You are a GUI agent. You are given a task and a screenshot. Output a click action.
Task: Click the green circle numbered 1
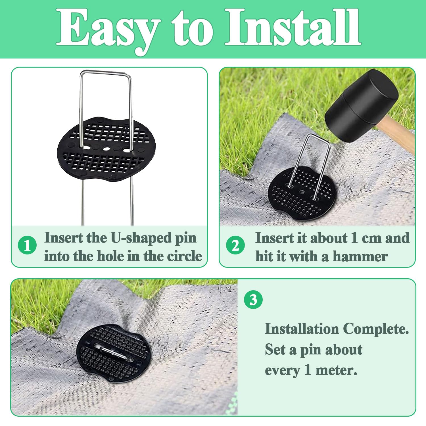[x=27, y=245]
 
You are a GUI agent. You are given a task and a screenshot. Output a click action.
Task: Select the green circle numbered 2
[x=235, y=245]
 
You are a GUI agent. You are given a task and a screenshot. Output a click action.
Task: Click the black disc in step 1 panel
[x=106, y=149]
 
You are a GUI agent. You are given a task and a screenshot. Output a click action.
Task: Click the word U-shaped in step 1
[x=141, y=238]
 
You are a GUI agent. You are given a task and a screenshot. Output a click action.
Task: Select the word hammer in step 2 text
[x=360, y=256]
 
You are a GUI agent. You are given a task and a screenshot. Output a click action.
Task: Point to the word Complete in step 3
[x=376, y=329]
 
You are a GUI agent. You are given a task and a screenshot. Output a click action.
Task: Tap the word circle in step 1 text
[x=184, y=256]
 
